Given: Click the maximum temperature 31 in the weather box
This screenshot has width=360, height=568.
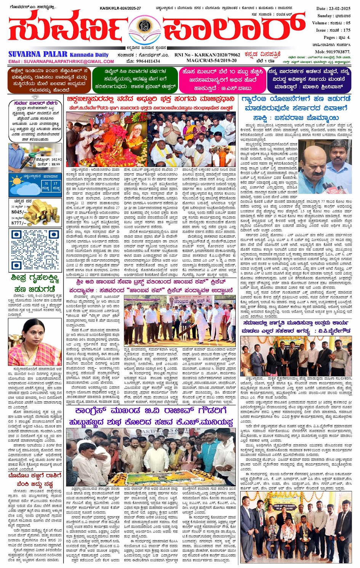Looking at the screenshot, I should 46,183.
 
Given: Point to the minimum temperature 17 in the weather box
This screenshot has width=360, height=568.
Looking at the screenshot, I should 56,183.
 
